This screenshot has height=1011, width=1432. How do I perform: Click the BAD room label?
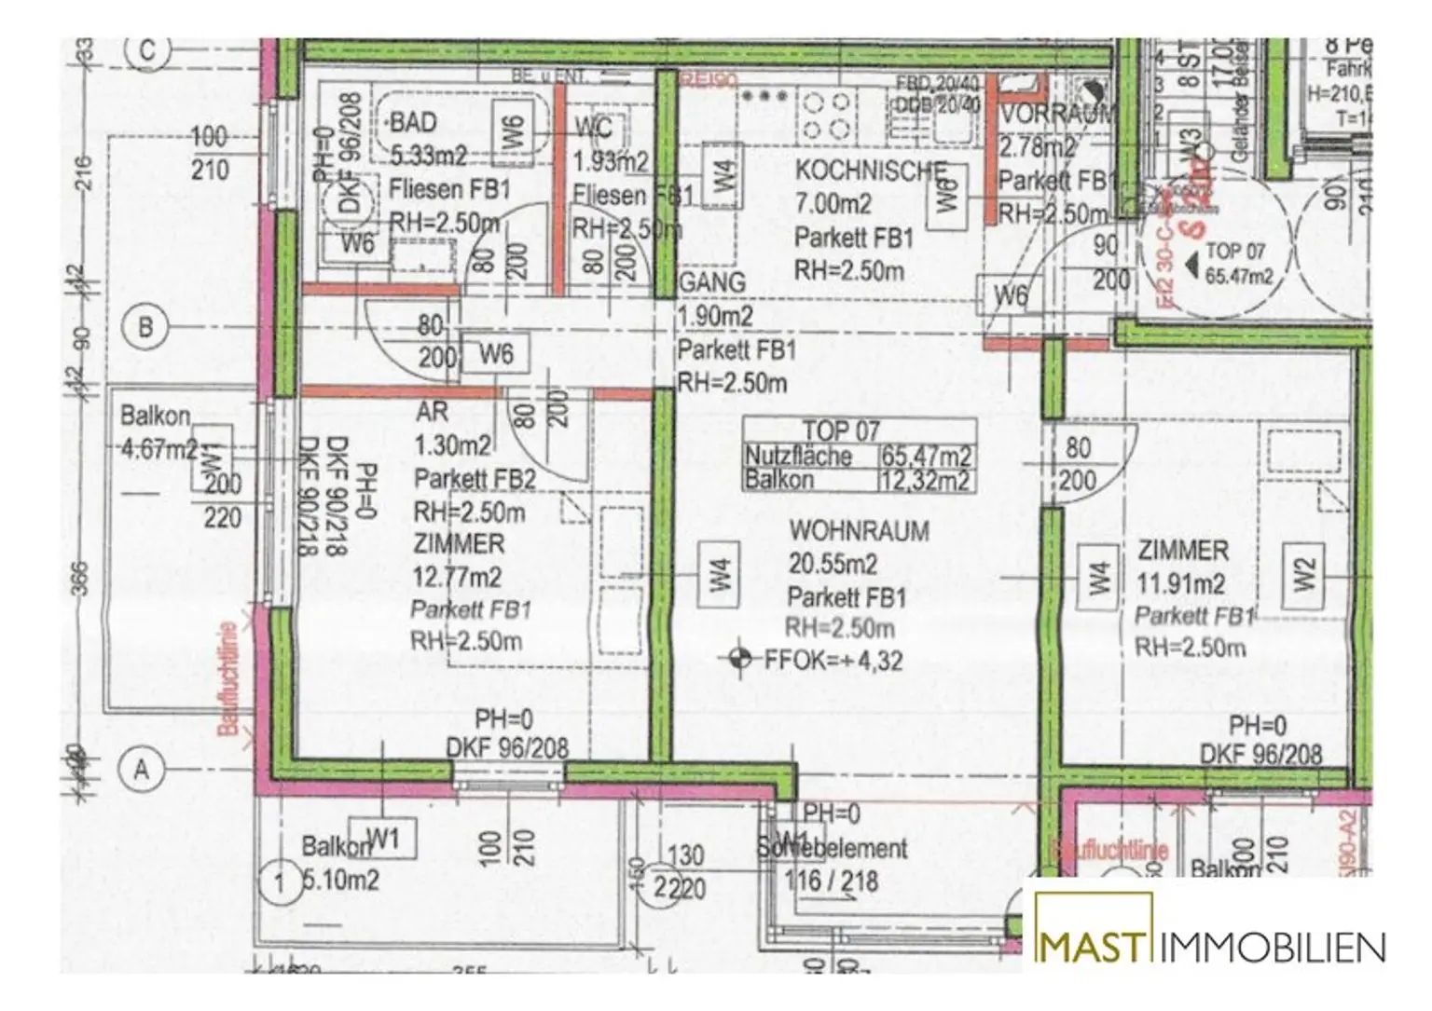point(413,122)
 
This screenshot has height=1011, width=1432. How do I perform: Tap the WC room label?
point(593,128)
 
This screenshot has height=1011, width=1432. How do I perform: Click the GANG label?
point(713,282)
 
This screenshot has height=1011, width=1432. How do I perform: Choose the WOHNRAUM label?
point(859,531)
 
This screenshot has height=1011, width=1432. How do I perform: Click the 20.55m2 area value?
point(833,564)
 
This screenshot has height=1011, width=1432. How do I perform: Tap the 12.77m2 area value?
point(457,578)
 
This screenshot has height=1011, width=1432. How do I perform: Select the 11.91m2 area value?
point(1180,584)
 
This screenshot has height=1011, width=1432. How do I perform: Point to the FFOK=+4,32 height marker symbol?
point(740,659)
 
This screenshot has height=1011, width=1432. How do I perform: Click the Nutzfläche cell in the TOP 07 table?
point(799,457)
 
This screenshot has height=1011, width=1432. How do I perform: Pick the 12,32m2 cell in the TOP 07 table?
point(927,481)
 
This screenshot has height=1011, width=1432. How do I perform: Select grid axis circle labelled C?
point(147,50)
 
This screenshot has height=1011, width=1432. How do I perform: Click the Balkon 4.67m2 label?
point(157,431)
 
